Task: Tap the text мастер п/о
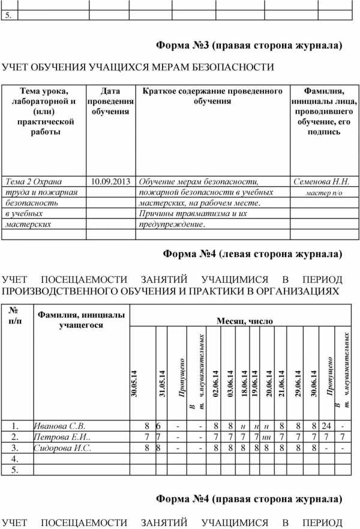pyautogui.click(x=323, y=193)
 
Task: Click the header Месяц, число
pyautogui.click(x=244, y=321)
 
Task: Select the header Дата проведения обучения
pyautogui.click(x=110, y=101)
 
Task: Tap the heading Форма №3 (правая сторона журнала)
pyautogui.click(x=249, y=45)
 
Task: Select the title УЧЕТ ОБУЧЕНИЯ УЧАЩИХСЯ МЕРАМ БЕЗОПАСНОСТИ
pyautogui.click(x=139, y=67)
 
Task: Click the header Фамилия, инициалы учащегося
pyautogui.click(x=81, y=320)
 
